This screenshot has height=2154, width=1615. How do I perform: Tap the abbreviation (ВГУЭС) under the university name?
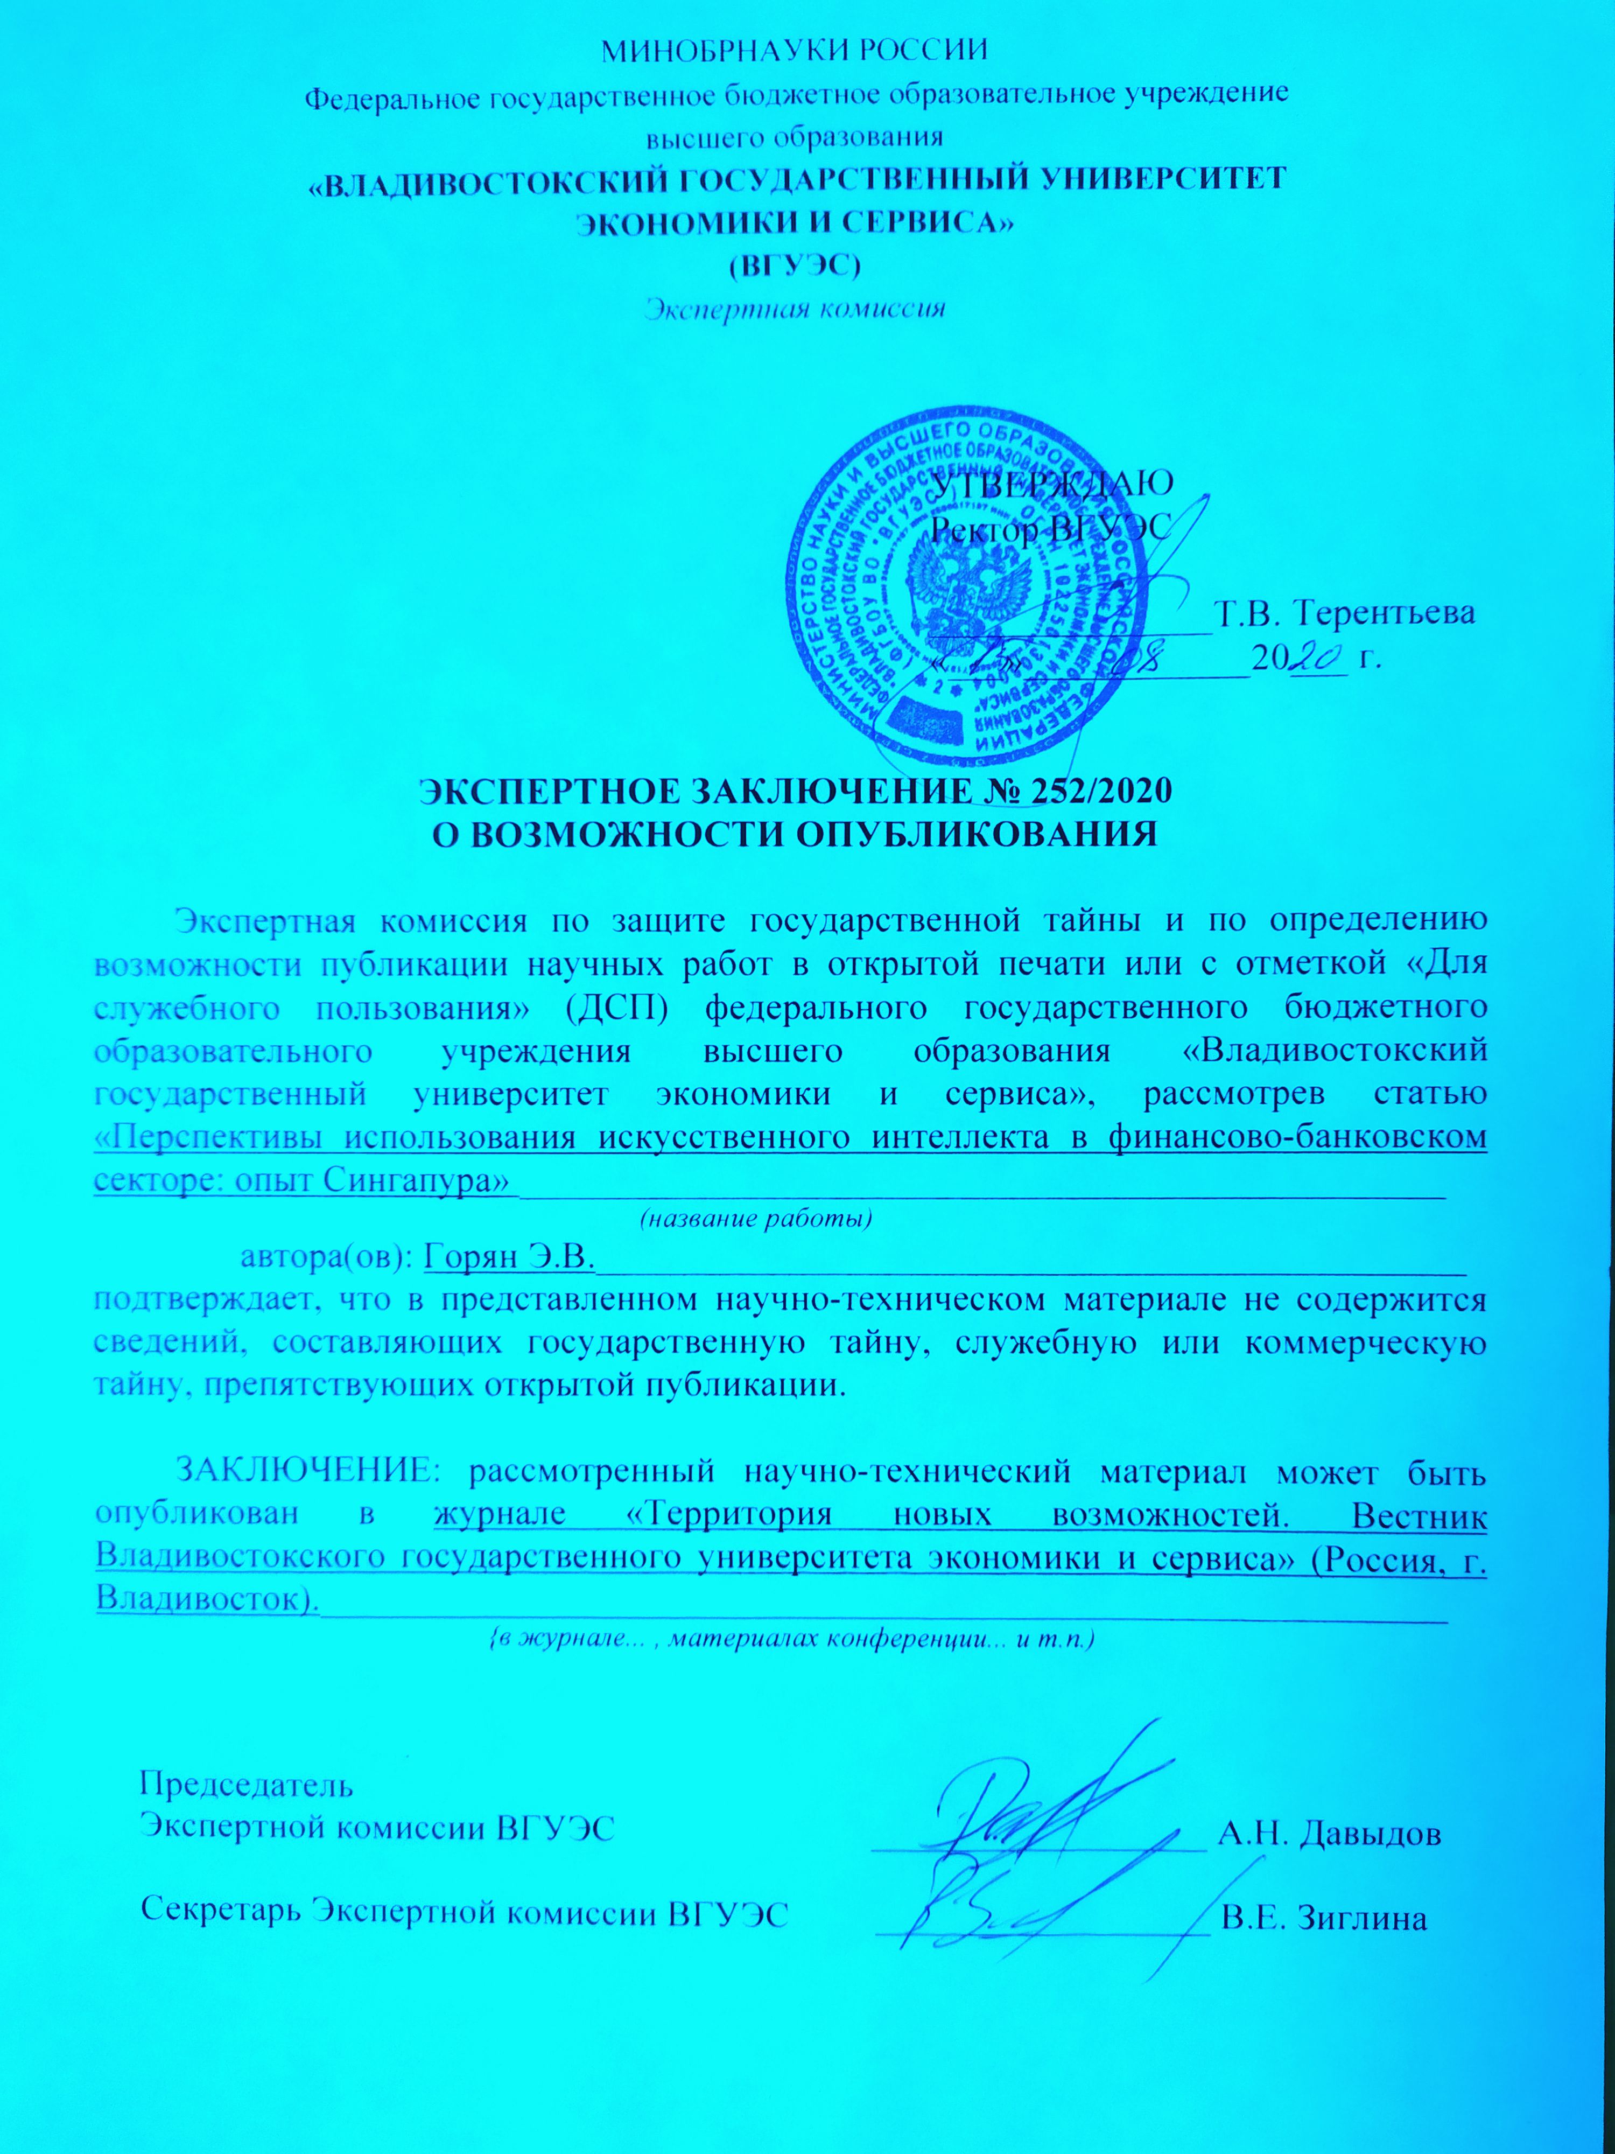(795, 264)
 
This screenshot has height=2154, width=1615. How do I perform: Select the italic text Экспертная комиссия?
(795, 310)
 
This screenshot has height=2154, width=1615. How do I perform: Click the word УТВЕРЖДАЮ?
(1051, 481)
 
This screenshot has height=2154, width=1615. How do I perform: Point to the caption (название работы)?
(754, 1218)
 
